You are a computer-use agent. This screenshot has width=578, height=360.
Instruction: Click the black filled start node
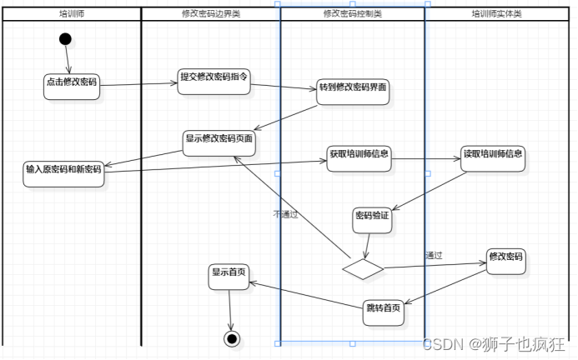coord(66,39)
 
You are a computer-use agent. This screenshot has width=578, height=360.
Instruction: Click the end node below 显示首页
coord(232,337)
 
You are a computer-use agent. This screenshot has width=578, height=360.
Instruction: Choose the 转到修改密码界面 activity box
coord(353,92)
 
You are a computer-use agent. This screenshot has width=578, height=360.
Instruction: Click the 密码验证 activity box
coord(372,218)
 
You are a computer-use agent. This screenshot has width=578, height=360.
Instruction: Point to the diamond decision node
coord(363,267)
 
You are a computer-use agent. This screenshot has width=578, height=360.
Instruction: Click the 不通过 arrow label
coord(286,214)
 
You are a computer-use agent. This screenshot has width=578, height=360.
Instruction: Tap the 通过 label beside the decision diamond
coord(433,255)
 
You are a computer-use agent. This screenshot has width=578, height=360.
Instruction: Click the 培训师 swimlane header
coord(71,14)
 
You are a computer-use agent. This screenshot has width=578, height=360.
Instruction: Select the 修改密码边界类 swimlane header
coord(210,14)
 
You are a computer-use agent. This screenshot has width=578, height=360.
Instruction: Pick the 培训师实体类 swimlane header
coord(497,14)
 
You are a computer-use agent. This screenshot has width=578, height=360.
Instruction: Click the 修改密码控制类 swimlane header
coord(352,14)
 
